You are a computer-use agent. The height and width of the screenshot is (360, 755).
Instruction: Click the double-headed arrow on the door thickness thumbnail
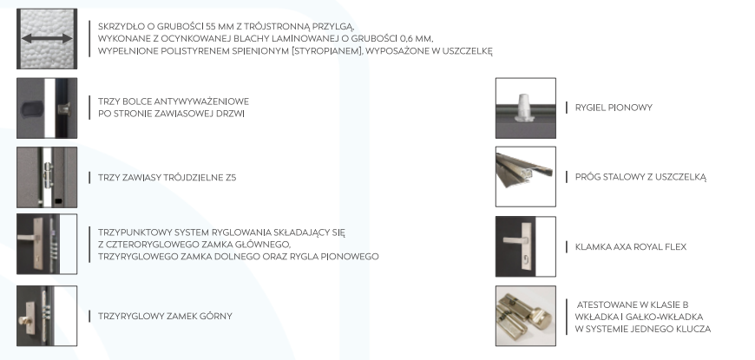point(47,38)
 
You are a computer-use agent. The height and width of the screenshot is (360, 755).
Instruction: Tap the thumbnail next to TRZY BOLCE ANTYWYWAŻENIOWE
point(47,108)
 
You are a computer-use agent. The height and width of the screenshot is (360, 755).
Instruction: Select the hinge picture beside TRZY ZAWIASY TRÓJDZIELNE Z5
point(47,177)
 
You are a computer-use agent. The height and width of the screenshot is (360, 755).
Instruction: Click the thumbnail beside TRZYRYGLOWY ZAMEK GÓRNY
point(47,316)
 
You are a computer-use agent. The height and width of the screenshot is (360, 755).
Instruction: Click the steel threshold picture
point(525,177)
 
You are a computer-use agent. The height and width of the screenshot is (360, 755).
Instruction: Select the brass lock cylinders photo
point(525,316)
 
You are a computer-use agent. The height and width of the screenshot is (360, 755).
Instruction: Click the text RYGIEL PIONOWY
point(614,108)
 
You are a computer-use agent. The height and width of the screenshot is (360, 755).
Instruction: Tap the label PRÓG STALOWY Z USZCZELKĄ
point(640,177)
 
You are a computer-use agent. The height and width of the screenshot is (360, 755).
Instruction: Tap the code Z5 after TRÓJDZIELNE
point(231,178)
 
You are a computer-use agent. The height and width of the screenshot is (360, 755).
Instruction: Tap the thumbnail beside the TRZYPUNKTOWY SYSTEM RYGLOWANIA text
point(47,244)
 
